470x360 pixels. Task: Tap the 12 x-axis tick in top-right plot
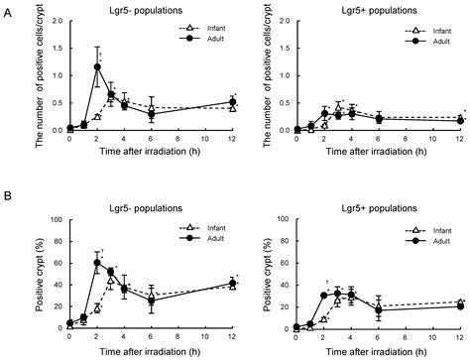pyautogui.click(x=463, y=141)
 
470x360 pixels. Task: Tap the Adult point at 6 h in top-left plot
pyautogui.click(x=152, y=114)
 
